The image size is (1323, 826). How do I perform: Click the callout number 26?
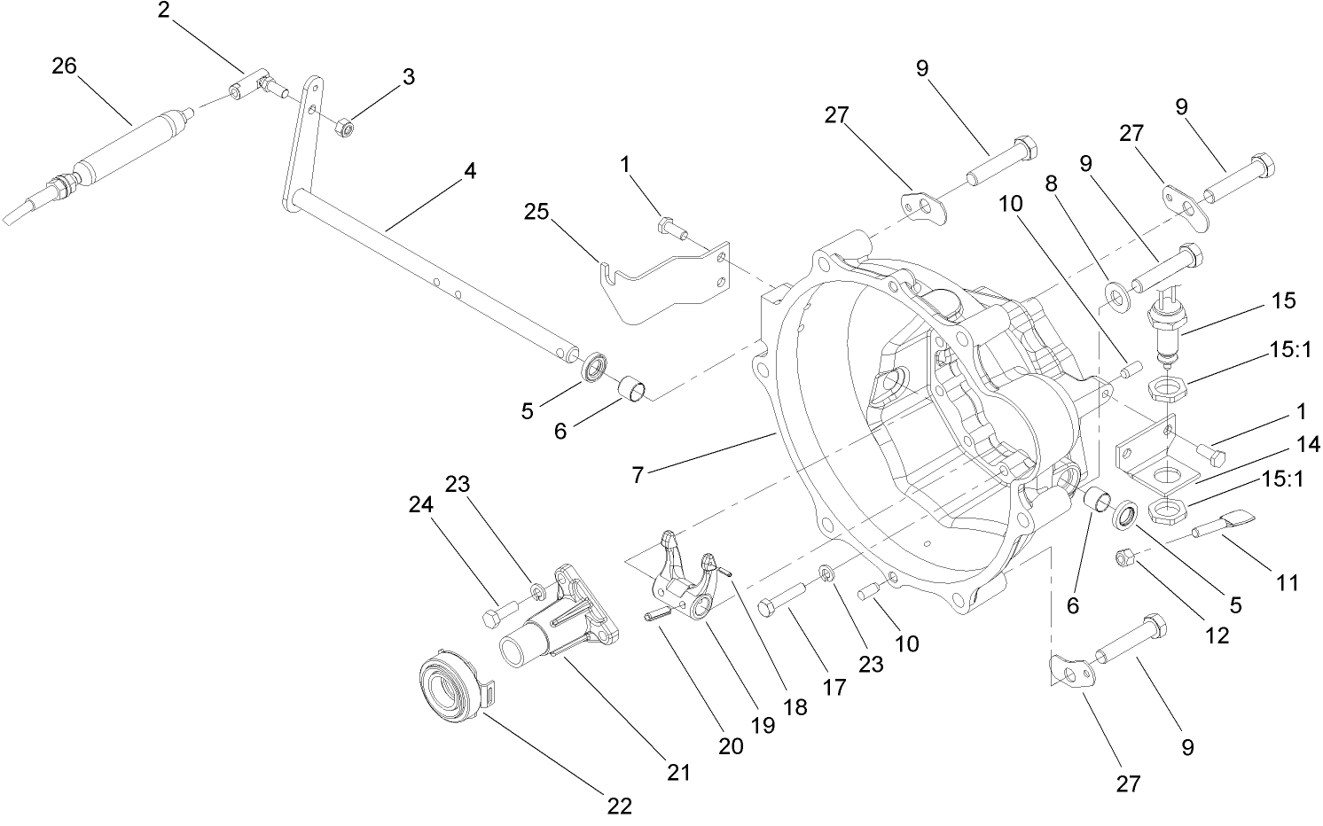coord(64,66)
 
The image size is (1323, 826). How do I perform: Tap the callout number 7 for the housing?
coord(637,474)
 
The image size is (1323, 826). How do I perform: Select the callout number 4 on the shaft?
coord(469,171)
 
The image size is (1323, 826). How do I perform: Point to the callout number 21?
coord(678,773)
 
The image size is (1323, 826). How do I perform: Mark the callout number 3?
coord(408,76)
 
